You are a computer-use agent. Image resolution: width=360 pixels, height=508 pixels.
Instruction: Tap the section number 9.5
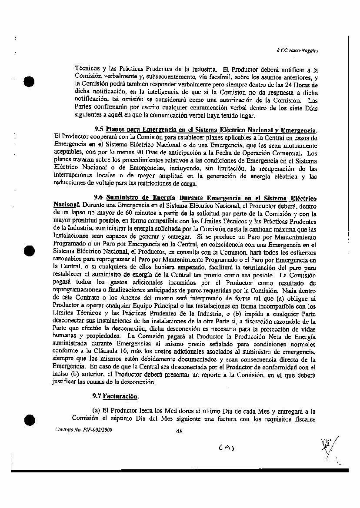click(99, 129)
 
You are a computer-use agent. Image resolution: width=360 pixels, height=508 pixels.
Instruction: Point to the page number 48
click(179, 431)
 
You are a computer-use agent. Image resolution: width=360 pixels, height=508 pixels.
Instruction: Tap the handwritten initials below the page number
click(227, 448)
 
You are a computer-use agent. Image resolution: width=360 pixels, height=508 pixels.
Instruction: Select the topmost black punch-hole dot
click(29, 83)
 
